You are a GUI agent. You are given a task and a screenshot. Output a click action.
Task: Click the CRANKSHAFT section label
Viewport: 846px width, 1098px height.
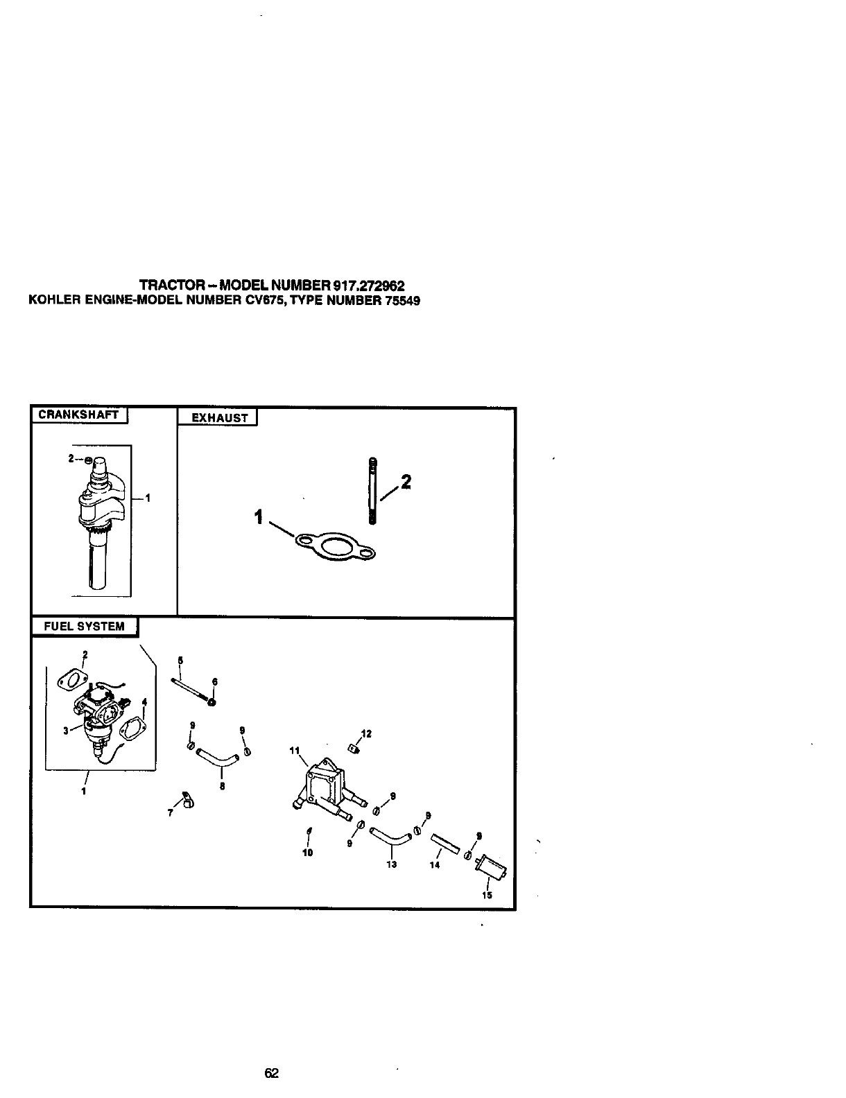point(79,415)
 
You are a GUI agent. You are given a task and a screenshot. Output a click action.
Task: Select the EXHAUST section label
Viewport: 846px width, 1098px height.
point(219,418)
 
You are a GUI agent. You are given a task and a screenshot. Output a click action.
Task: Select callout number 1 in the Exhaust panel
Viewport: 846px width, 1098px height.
point(259,516)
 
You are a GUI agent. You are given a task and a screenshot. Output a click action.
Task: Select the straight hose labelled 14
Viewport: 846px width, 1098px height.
point(444,844)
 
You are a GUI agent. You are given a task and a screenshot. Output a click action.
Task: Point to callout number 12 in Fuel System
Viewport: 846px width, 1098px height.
point(366,734)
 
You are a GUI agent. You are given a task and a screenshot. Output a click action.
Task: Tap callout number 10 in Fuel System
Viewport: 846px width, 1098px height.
point(308,853)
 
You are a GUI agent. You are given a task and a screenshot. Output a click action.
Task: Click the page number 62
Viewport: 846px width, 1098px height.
point(271,1074)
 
